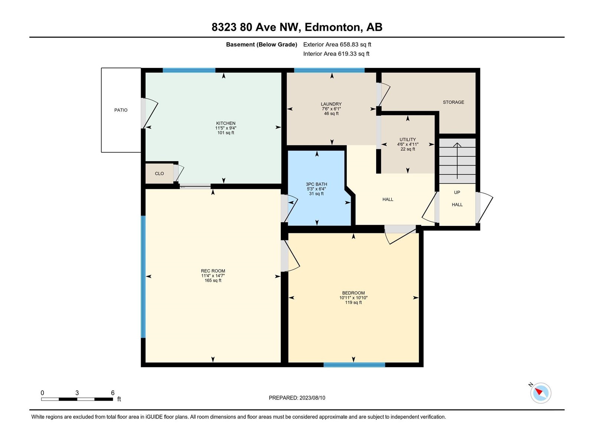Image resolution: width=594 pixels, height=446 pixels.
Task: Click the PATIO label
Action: [121, 110]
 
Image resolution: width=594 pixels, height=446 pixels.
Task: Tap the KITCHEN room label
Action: [226, 123]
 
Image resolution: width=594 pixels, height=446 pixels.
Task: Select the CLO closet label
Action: [159, 174]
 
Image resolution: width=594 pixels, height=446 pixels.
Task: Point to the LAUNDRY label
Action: [331, 104]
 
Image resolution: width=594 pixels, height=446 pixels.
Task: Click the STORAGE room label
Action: [453, 102]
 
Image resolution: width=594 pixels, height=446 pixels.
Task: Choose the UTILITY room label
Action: [408, 139]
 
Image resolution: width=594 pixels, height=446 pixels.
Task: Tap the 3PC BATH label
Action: [316, 184]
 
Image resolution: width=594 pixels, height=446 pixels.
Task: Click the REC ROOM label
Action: [213, 271]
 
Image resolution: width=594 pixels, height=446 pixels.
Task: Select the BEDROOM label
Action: [353, 293]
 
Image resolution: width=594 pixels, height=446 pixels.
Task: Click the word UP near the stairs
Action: [457, 193]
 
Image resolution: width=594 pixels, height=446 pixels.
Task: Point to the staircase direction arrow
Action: [457, 161]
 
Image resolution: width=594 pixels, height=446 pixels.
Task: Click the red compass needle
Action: [539, 391]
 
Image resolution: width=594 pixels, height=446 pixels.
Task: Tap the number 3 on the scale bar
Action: [77, 393]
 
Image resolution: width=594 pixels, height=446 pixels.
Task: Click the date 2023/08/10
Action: [312, 398]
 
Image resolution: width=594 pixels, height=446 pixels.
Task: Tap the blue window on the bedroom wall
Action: [354, 365]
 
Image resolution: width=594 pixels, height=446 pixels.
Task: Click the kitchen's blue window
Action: [189, 70]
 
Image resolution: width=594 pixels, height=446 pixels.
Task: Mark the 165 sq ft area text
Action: [213, 280]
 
